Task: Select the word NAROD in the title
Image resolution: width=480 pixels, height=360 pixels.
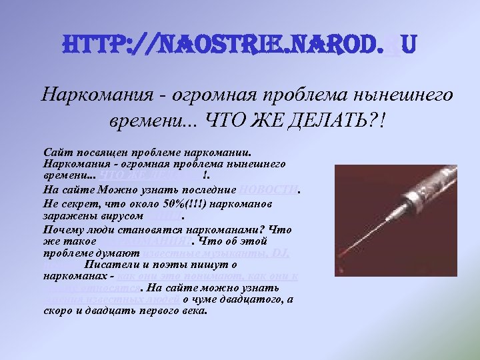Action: click(331, 46)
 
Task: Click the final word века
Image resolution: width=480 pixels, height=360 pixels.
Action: click(194, 311)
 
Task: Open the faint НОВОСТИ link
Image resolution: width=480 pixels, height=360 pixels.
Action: click(267, 189)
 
